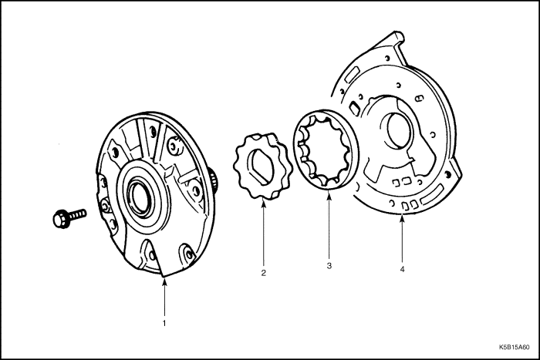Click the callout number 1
pos(164,323)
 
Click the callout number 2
pos(263,272)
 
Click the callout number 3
pos(329,266)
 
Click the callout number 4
pos(402,269)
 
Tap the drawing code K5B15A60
pos(515,348)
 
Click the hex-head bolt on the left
pos(68,217)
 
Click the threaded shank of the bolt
pos(76,214)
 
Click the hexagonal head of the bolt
pos(59,220)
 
